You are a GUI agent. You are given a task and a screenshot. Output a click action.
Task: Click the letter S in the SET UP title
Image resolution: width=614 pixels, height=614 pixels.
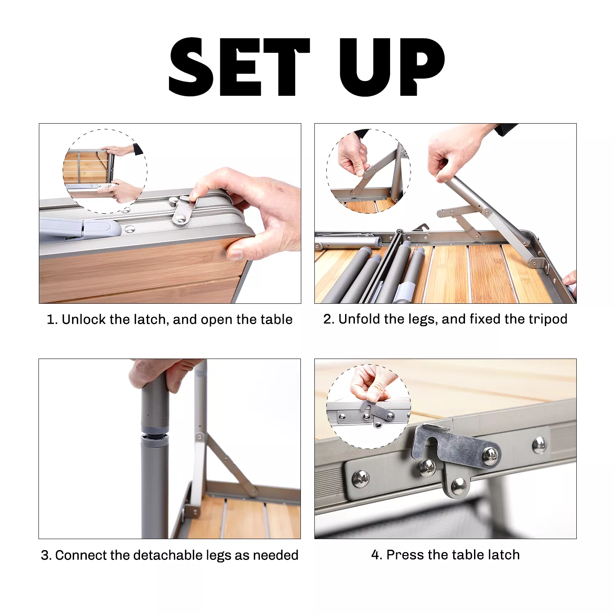coord(192,67)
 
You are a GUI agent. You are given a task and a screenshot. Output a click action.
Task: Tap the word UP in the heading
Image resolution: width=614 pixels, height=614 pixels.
coord(392,67)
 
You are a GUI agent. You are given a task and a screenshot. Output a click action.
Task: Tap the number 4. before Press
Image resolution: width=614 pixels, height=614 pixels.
coord(377,555)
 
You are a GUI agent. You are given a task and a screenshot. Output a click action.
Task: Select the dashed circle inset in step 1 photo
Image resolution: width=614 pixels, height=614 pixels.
coord(105,171)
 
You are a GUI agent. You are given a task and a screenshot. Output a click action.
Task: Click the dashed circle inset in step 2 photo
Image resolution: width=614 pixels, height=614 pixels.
coord(368,171)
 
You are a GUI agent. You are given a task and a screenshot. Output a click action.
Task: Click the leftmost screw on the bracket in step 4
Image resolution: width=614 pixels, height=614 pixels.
coord(360,478)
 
